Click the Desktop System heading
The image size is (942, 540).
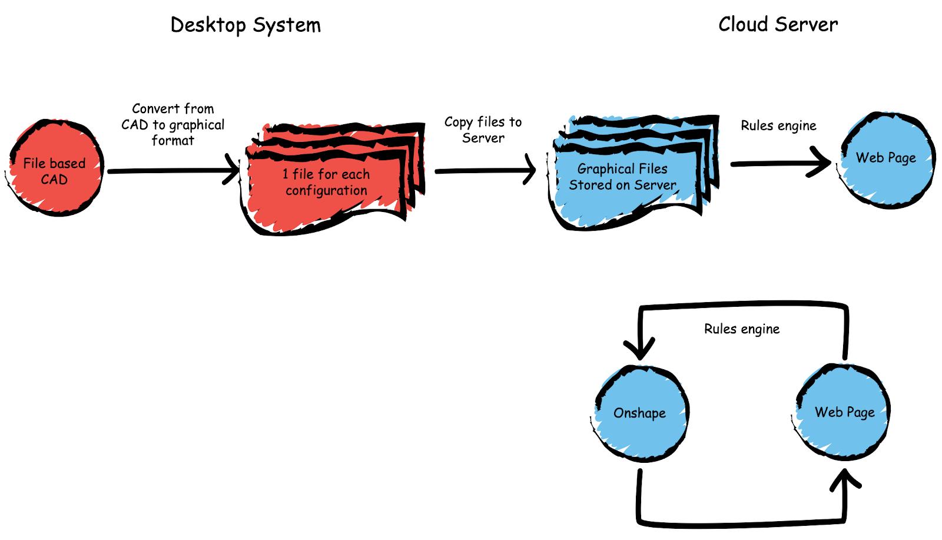(246, 25)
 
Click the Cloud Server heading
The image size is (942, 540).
(778, 25)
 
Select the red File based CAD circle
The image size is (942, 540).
(56, 167)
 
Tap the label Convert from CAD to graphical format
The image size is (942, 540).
(173, 124)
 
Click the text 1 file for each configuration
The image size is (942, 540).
(326, 182)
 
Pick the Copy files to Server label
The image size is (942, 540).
(483, 130)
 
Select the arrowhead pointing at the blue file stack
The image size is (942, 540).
(529, 170)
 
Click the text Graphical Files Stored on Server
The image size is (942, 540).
(622, 177)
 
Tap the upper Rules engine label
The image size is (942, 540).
(778, 125)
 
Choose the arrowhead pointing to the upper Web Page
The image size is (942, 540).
(822, 163)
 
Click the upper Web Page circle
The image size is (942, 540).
(887, 159)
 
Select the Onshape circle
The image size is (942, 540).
(641, 413)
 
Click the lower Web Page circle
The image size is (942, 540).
(844, 412)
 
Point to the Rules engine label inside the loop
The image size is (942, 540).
(742, 329)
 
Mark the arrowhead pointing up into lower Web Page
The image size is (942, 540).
(845, 478)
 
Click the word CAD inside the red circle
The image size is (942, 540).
(54, 180)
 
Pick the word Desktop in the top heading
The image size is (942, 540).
(208, 25)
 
